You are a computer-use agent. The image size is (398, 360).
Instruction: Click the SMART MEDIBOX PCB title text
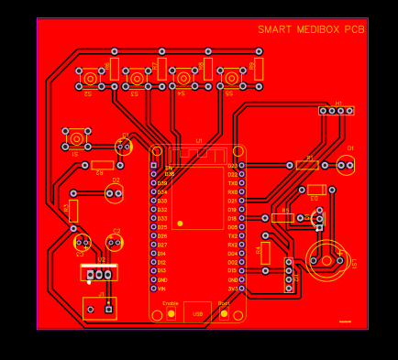click(311, 30)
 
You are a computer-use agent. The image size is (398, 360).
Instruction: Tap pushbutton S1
click(76, 139)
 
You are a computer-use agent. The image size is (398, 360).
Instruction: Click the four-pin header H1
click(337, 111)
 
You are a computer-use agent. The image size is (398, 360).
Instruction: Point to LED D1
click(345, 165)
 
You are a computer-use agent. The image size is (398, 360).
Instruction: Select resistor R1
click(306, 165)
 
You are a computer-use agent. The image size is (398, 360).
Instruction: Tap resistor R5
click(282, 218)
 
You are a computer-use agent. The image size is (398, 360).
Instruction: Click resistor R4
click(266, 253)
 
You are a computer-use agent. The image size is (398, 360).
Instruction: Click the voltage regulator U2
click(98, 272)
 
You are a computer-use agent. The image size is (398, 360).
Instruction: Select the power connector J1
click(100, 307)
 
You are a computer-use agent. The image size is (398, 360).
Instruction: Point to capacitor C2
click(114, 242)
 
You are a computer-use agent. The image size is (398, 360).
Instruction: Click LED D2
click(124, 146)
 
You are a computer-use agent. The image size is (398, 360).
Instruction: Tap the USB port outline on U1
click(197, 311)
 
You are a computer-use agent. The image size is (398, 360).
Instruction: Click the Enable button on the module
click(171, 313)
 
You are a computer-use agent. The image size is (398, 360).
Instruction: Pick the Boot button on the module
click(224, 313)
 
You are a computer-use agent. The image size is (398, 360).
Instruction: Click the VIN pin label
click(162, 289)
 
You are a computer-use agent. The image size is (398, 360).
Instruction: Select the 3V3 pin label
click(233, 289)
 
